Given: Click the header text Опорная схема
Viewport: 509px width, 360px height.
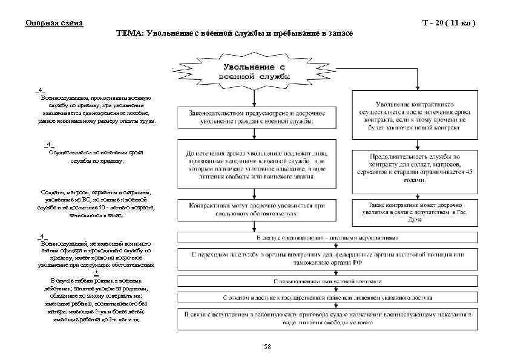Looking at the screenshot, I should [x=54, y=23].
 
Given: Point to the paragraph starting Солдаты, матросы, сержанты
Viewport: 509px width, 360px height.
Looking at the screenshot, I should [x=97, y=203].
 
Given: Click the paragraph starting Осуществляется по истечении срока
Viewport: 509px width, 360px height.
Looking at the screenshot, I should [x=97, y=157].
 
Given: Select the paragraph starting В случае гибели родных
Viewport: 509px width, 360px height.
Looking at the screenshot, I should [x=97, y=300].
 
